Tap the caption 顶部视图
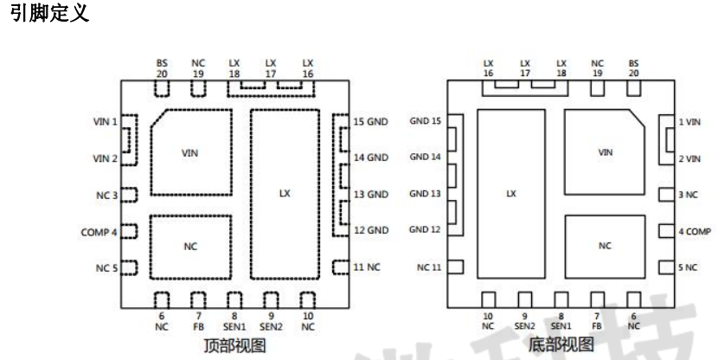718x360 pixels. coord(234,344)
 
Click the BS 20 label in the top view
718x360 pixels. coord(162,68)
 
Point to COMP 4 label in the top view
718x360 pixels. coord(100,232)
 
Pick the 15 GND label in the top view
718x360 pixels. coord(370,121)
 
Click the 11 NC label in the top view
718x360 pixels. coord(367,267)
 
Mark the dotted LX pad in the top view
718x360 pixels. coord(285,194)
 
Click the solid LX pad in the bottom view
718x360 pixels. coord(510,194)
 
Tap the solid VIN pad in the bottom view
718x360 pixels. coord(605,153)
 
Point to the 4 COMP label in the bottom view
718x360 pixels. coord(694,232)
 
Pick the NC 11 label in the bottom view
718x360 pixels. coord(430,267)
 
